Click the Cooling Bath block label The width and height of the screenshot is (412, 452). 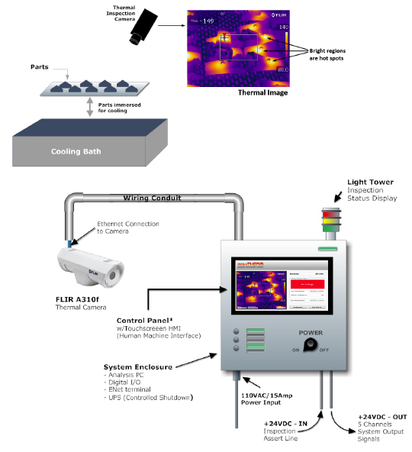coord(76,151)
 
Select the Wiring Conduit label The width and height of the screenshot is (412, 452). coord(149,199)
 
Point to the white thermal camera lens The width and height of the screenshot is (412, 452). coord(112,274)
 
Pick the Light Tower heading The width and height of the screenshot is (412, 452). coord(369,182)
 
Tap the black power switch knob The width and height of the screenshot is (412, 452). coord(310,345)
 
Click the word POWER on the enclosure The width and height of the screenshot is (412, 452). coord(309,332)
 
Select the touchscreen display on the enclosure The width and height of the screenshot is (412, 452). coord(279,284)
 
